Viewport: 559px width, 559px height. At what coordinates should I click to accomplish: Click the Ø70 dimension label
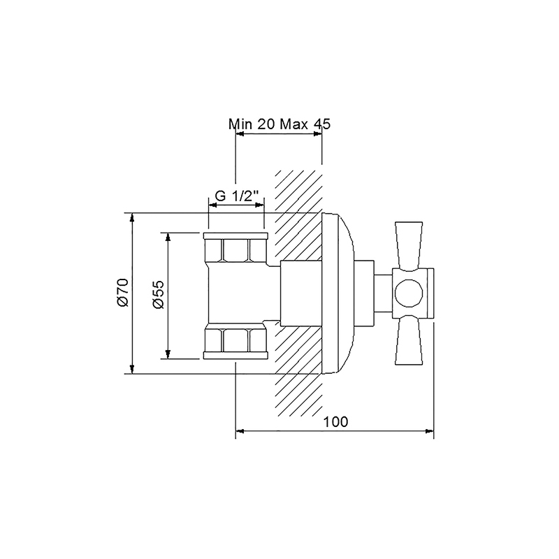point(122,292)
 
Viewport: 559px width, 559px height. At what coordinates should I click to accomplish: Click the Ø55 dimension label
point(158,294)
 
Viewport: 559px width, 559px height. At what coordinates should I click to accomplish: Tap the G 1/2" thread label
point(237,196)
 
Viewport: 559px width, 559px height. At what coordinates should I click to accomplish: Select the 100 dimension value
point(335,422)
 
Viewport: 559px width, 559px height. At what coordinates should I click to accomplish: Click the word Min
point(240,124)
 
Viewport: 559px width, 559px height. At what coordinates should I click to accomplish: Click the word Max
point(294,124)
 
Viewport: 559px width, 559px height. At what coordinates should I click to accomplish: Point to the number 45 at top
point(322,124)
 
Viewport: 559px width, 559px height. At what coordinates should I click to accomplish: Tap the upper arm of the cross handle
point(409,245)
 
